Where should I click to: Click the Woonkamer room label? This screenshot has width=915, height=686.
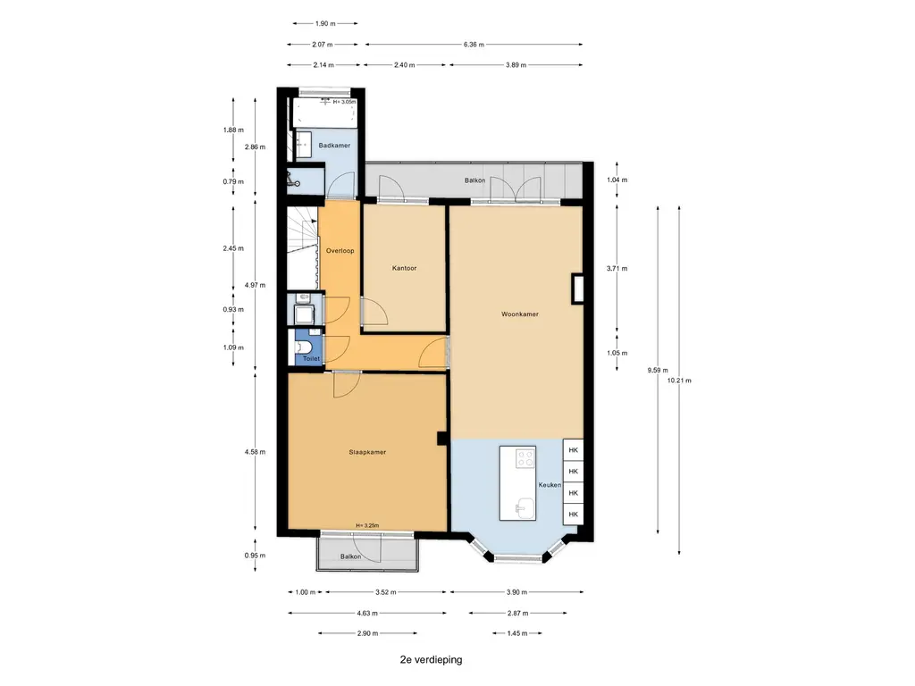click(519, 314)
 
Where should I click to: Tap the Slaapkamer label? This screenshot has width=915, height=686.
click(367, 452)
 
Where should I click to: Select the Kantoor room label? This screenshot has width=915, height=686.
click(405, 268)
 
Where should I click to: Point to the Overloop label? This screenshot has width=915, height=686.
click(340, 251)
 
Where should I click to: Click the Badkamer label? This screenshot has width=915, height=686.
click(334, 146)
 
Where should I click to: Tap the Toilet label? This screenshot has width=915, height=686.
click(311, 359)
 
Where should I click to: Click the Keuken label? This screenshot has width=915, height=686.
click(550, 485)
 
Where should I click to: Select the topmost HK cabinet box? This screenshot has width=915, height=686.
click(573, 450)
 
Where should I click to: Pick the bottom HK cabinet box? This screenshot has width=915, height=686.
click(573, 514)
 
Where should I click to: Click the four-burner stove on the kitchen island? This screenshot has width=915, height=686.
click(525, 458)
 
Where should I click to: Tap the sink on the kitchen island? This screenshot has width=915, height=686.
click(525, 507)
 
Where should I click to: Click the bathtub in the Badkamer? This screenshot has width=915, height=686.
click(324, 113)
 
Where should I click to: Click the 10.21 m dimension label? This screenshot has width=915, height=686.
click(679, 381)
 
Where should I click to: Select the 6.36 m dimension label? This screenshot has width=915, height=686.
click(474, 45)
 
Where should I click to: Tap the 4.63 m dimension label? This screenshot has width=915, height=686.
click(367, 613)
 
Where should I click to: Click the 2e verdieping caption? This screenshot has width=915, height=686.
click(432, 660)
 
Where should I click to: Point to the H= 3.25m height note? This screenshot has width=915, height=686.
click(367, 525)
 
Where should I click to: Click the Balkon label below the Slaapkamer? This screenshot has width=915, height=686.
click(350, 556)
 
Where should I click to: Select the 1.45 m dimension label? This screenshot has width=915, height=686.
click(517, 633)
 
